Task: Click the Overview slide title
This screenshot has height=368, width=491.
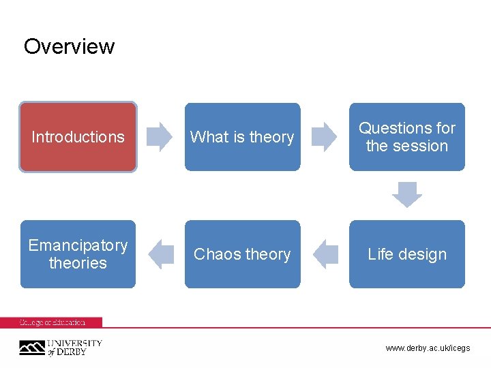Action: click(x=69, y=46)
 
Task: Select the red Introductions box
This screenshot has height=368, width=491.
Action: click(x=78, y=137)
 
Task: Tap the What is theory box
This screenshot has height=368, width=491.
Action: click(x=242, y=137)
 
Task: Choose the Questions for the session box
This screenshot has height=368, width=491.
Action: click(x=407, y=137)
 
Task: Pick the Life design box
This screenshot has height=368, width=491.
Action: click(x=407, y=254)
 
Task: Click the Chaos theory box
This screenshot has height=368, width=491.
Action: click(x=242, y=254)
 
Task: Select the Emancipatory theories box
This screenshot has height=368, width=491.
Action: click(x=78, y=254)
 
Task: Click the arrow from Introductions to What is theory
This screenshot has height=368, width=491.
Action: click(x=160, y=136)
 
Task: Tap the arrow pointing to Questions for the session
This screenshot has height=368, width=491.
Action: click(x=325, y=136)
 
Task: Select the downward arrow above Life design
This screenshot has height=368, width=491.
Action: click(x=407, y=196)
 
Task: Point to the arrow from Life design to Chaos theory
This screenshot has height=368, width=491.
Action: click(x=325, y=254)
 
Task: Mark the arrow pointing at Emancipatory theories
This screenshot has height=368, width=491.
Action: click(x=161, y=254)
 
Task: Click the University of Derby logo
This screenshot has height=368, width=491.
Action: click(x=60, y=347)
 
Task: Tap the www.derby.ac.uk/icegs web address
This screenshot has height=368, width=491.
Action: click(x=428, y=348)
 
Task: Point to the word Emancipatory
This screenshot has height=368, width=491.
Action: click(x=78, y=245)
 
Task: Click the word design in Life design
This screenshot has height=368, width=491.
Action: click(x=423, y=254)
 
